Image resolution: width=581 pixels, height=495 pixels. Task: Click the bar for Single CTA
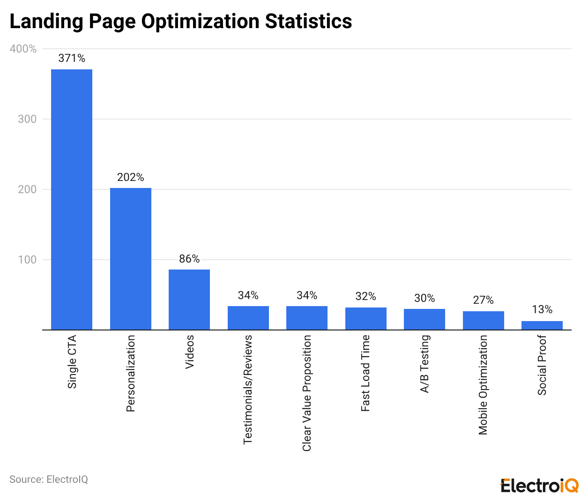pyautogui.click(x=72, y=200)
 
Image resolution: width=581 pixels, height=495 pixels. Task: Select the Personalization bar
pyautogui.click(x=130, y=259)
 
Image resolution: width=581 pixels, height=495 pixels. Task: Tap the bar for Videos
pyautogui.click(x=189, y=300)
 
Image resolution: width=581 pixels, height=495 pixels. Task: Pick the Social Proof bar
pyautogui.click(x=542, y=325)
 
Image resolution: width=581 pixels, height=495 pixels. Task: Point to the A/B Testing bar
pyautogui.click(x=424, y=319)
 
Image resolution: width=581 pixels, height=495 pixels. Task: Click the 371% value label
pyautogui.click(x=72, y=58)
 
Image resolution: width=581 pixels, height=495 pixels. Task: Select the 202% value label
pyautogui.click(x=130, y=177)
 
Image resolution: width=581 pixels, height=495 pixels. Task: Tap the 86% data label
pyautogui.click(x=189, y=259)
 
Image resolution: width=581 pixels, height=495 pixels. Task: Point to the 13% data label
pyautogui.click(x=542, y=309)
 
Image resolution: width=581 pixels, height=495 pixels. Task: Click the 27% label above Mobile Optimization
pyautogui.click(x=483, y=300)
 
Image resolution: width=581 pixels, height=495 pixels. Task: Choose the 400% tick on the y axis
pyautogui.click(x=23, y=49)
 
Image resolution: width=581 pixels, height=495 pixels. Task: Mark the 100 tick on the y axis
pyautogui.click(x=27, y=260)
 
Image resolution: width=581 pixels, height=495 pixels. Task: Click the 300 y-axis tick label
pyautogui.click(x=27, y=119)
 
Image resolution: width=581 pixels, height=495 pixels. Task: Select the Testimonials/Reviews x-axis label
pyautogui.click(x=248, y=389)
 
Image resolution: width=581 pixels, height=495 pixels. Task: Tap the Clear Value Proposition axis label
pyautogui.click(x=307, y=393)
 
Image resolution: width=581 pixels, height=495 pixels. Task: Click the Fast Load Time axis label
pyautogui.click(x=365, y=373)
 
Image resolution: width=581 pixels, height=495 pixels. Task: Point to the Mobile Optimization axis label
pyautogui.click(x=483, y=384)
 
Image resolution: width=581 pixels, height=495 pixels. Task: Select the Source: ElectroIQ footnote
pyautogui.click(x=49, y=480)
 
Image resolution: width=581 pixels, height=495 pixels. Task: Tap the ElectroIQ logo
pyautogui.click(x=539, y=486)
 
